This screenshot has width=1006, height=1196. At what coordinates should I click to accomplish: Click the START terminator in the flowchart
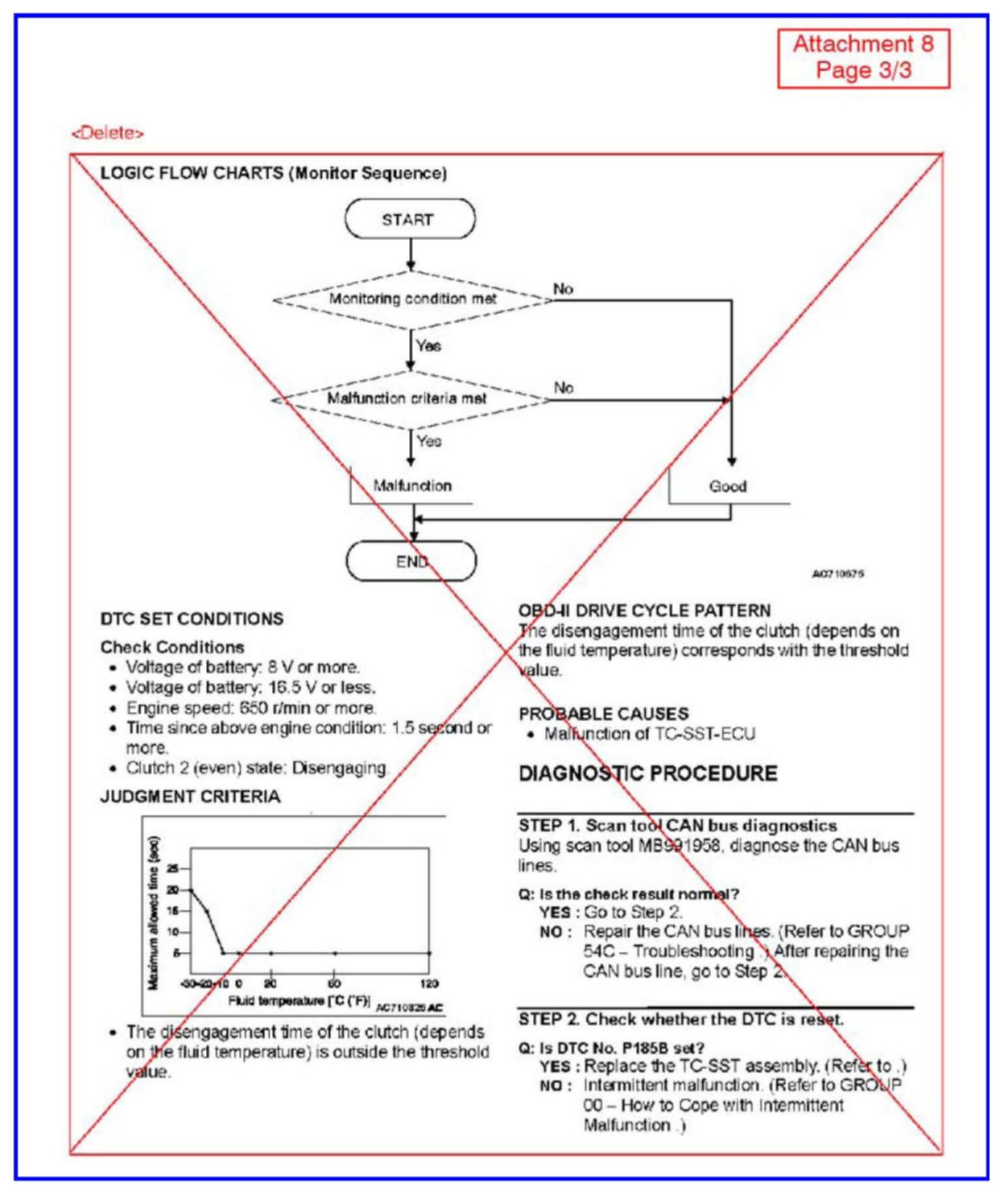coord(409,219)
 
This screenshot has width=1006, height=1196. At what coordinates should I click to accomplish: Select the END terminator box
coord(411,561)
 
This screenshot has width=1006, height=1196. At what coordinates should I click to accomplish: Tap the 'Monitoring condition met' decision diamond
coord(412,299)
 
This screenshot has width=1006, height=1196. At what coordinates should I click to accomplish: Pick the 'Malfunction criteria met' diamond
coord(408,399)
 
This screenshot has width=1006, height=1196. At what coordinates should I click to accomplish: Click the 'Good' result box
coord(728,487)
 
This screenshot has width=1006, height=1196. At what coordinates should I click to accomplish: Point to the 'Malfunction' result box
coord(412,486)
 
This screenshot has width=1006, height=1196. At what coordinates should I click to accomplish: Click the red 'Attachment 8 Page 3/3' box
coord(863,57)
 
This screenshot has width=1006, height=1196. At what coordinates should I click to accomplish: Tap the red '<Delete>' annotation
coord(108,133)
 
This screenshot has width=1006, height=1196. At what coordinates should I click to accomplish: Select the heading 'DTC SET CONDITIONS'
coord(191,619)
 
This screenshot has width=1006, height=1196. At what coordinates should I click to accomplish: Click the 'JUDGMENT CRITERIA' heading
coord(190,797)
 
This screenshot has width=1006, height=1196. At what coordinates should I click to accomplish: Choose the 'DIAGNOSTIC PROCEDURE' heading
coord(648,773)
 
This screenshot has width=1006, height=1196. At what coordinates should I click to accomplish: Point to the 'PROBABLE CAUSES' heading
coord(603,714)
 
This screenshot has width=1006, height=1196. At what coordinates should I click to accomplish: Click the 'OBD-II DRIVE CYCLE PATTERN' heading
coord(644,610)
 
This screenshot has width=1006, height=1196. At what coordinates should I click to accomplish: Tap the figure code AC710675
coord(837,574)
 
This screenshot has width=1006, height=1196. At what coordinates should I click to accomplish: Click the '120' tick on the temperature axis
coord(429,984)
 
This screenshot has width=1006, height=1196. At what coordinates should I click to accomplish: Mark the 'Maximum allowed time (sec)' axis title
coord(154,913)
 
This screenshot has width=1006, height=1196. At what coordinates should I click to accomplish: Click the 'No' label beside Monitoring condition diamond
coord(563,289)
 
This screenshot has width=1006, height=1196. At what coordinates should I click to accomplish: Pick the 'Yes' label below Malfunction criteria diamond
coord(429,441)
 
